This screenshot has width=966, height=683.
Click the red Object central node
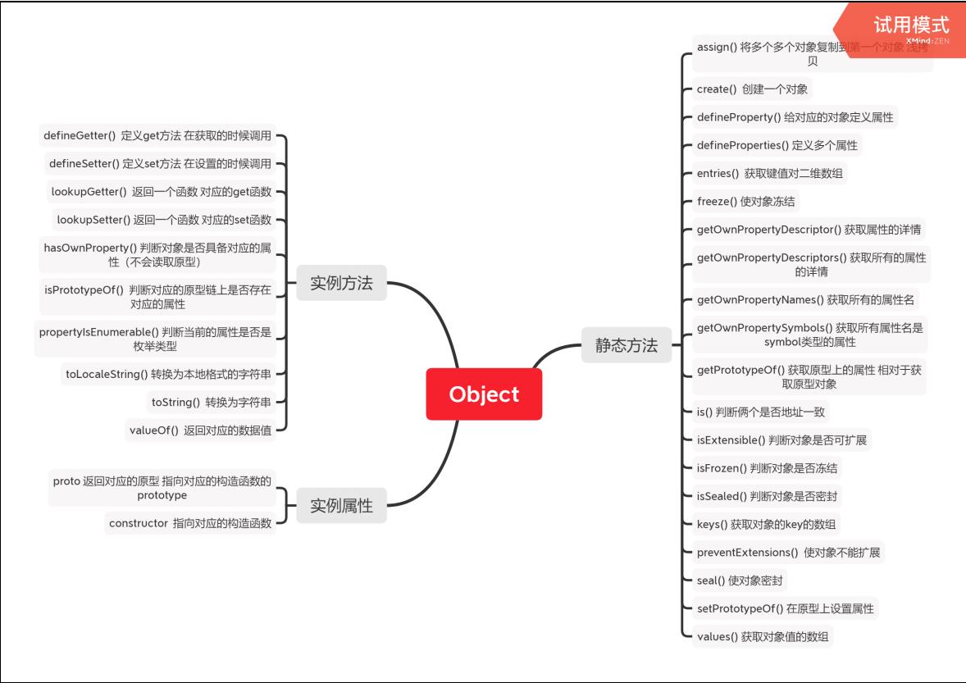coord(484,394)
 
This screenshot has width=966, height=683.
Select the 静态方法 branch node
coord(626,345)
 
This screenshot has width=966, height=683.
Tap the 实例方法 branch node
coord(341,284)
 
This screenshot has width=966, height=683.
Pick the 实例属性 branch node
coord(341,506)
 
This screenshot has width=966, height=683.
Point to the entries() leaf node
coord(770,173)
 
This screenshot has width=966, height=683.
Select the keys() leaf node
coord(766,524)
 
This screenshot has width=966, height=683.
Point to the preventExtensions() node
coord(788,553)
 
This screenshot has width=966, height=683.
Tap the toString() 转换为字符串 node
coord(212,402)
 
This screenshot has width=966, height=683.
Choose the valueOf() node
coord(200,430)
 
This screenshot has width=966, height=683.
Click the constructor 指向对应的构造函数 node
coord(189,523)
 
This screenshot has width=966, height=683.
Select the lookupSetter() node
coord(164,220)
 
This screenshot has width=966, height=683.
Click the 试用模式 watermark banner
coord(910,26)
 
